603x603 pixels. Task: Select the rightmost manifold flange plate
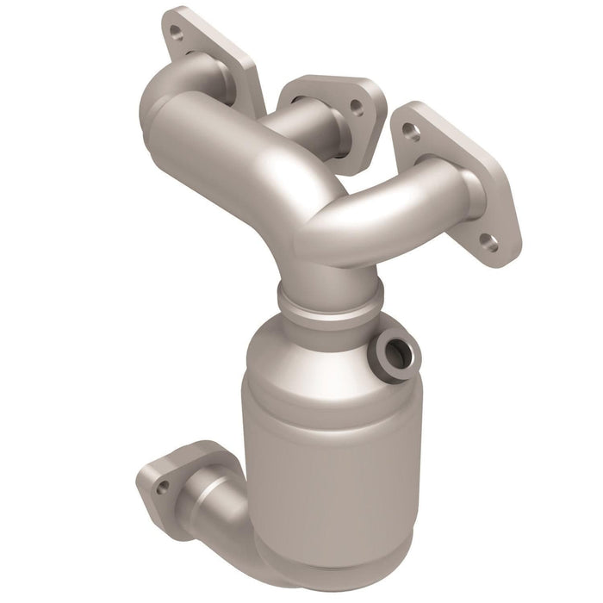457,181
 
